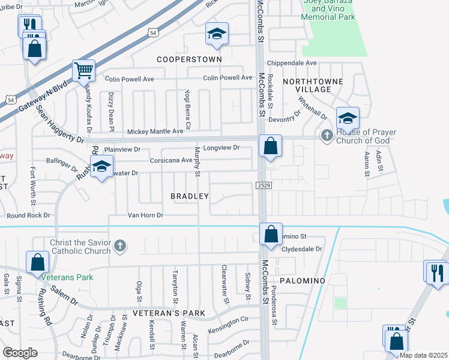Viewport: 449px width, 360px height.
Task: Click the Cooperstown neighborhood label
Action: [189, 59]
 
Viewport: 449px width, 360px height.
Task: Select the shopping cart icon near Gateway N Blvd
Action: [83, 71]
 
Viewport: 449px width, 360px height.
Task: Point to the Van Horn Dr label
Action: [145, 215]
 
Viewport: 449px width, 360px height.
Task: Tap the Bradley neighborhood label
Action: [189, 196]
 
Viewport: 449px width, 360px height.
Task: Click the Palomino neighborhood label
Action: [302, 281]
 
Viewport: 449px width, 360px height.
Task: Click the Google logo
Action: [20, 353]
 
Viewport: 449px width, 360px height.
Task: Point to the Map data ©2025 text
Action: [423, 355]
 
